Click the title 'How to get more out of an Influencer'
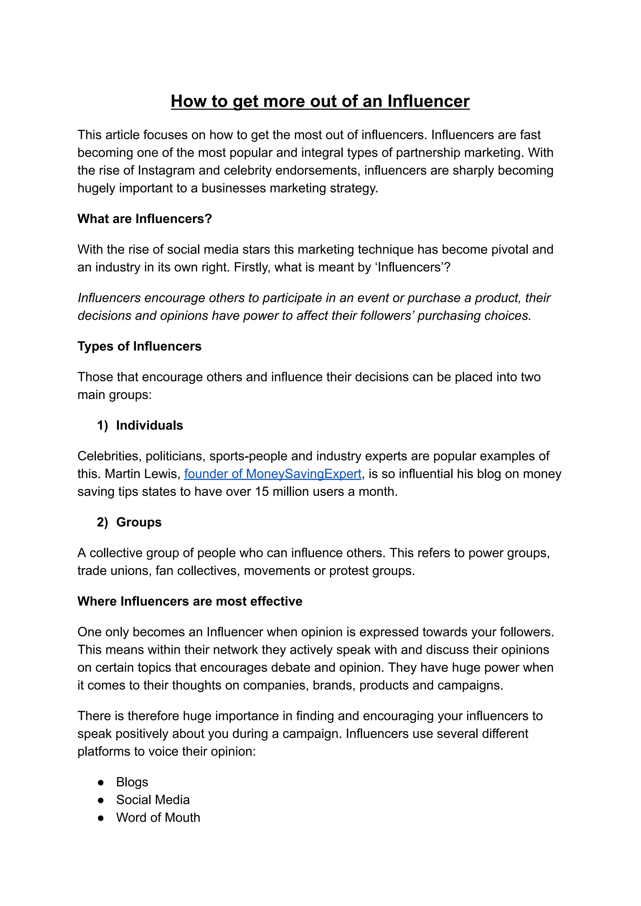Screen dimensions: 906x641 coord(320,101)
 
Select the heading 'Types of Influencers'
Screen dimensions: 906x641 coord(139,346)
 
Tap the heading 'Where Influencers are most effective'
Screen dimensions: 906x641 coord(190,601)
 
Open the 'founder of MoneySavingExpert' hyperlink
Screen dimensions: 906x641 coord(273,474)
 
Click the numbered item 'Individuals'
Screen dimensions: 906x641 coord(149,425)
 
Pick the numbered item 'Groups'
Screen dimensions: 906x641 coord(139,522)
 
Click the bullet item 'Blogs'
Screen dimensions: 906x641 coord(132,782)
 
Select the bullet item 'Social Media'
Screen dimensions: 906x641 coord(153,800)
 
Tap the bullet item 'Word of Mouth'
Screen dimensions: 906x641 coord(158,818)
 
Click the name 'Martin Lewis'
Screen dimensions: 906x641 coord(142,474)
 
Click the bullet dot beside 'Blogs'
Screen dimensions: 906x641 coord(101,782)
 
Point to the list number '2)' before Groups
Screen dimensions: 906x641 coord(102,522)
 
